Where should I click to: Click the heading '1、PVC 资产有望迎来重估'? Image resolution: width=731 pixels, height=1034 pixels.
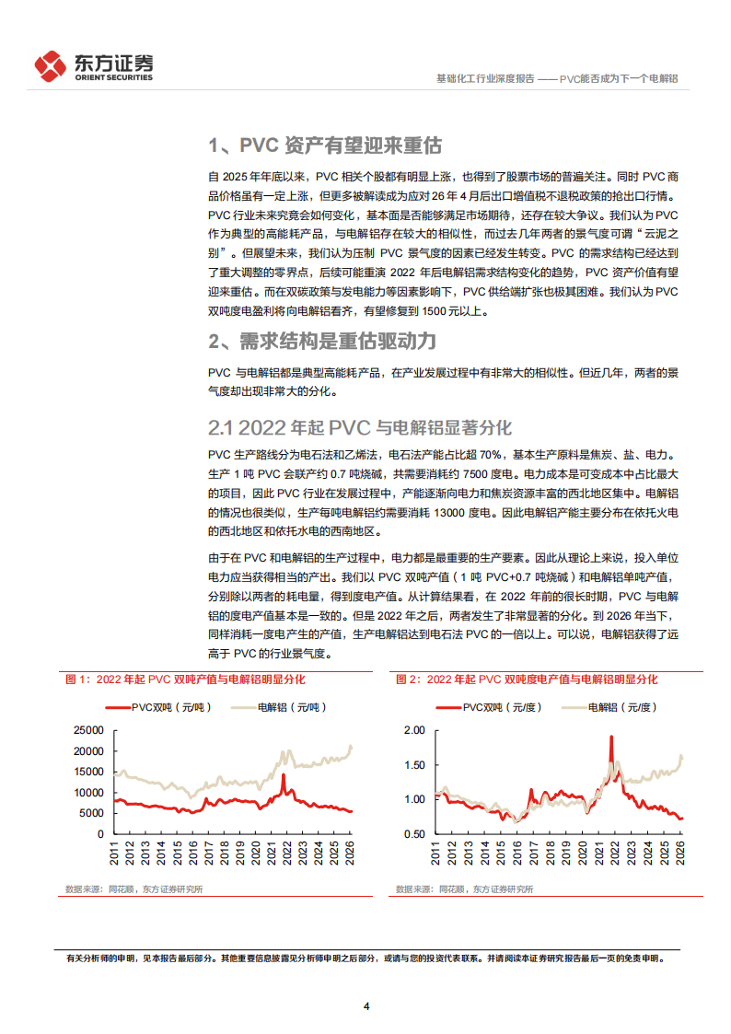coord(325,145)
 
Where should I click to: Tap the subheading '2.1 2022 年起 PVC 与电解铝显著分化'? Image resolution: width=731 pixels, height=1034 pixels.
coord(359,427)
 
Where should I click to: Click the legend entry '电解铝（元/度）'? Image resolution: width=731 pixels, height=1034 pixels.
coord(611,707)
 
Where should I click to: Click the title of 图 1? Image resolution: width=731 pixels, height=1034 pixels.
coord(185,680)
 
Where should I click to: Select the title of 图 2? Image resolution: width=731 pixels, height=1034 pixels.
coord(527,680)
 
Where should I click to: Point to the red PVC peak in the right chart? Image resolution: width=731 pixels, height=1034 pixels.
coord(611,737)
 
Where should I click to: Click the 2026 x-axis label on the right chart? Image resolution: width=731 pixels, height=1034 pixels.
coord(679,854)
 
